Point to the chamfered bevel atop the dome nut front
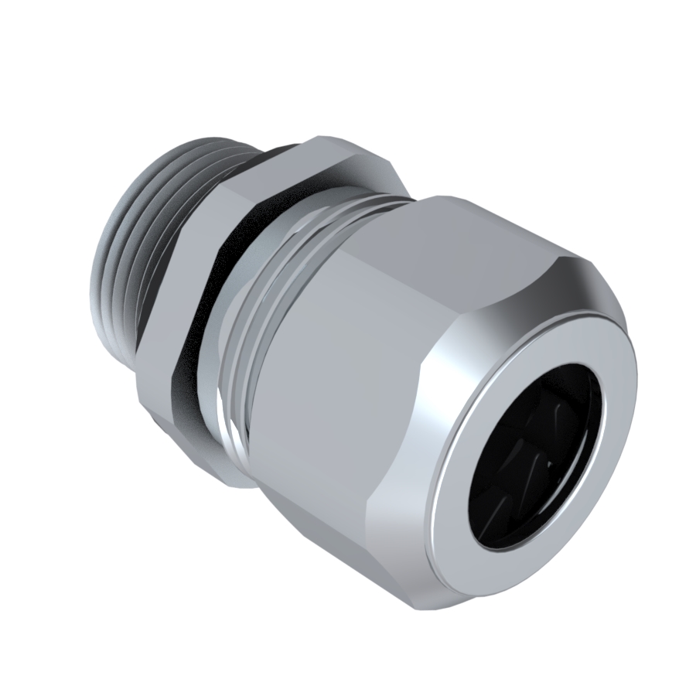click(588, 278)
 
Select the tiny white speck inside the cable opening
click(548, 464)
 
